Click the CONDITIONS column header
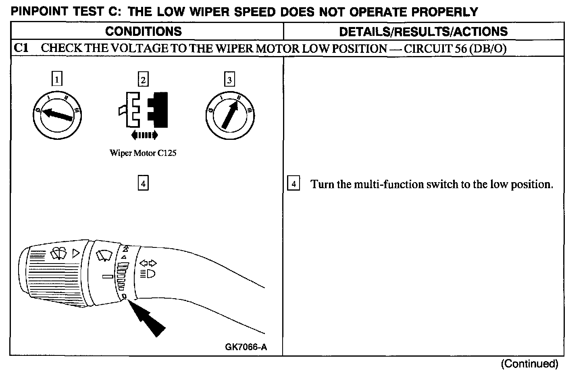point(144,31)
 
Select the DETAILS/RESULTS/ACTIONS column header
point(423,31)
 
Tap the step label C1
point(21,48)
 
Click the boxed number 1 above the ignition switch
point(57,79)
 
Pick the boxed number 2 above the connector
point(143,79)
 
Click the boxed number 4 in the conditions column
point(143,183)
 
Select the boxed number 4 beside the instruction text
point(293,184)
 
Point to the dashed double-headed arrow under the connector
point(144,135)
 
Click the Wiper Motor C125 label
point(143,153)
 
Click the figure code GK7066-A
point(246,347)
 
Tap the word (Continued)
point(529,364)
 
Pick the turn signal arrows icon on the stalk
point(148,263)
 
